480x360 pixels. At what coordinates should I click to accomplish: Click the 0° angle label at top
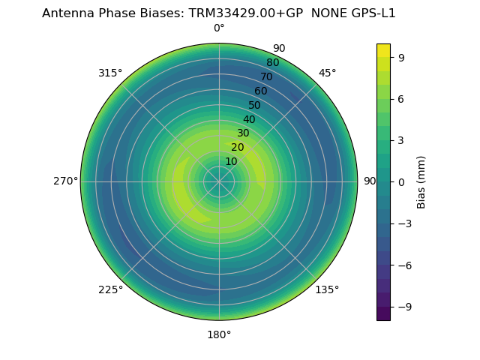click(219, 28)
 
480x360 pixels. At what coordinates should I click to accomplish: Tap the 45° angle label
click(327, 73)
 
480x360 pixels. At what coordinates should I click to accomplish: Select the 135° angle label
click(327, 289)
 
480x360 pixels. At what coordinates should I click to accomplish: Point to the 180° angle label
click(219, 334)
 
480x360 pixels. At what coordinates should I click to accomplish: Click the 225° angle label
click(110, 290)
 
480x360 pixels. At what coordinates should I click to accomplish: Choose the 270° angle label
click(65, 181)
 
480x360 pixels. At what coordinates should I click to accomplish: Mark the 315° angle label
click(110, 73)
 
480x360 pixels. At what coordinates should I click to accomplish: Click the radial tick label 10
click(231, 162)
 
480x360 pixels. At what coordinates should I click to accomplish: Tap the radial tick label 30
click(243, 133)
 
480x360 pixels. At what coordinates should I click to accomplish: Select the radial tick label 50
click(255, 106)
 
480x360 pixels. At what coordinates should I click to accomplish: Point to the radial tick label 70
click(266, 77)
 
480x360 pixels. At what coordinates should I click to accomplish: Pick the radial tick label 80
click(272, 63)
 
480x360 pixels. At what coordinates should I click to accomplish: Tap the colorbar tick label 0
click(401, 182)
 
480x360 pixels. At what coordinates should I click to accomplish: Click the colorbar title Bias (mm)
click(421, 182)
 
